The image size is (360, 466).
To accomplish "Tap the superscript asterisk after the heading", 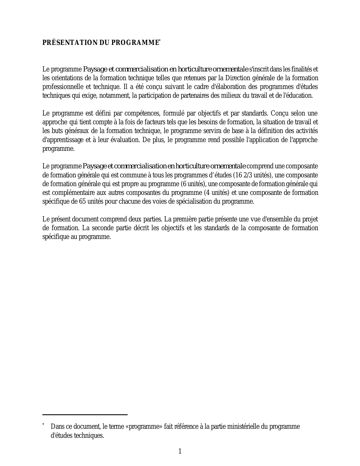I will coord(160,41).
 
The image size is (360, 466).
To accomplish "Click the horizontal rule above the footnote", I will coord(85,415).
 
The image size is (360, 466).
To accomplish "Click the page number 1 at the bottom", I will coord(180,451).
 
